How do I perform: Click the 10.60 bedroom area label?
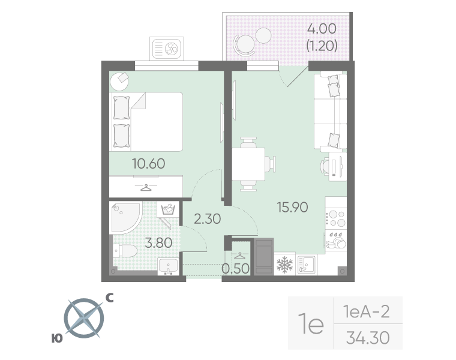coord(149,163)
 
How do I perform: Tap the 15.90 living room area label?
coord(292,208)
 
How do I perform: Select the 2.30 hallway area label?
coord(208,218)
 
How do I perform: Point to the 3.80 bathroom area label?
coord(158,242)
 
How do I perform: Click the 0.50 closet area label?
coord(236,269)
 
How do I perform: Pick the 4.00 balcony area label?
coord(322,28)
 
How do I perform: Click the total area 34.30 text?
coord(368,338)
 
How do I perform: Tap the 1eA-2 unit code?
coord(367,311)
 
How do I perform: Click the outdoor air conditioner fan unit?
coord(167,49)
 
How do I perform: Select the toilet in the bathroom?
coord(125,251)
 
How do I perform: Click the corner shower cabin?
coord(125,217)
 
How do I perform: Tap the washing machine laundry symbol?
coord(168,209)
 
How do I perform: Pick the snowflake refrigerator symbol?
coord(285,265)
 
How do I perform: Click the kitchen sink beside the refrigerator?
coord(306,265)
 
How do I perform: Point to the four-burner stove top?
coord(336,218)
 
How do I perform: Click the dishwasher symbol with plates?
coord(336,241)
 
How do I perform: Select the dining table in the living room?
coord(248,164)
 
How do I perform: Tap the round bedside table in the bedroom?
coord(119,82)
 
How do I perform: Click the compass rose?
coord(84,319)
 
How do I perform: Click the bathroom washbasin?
coord(169,266)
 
